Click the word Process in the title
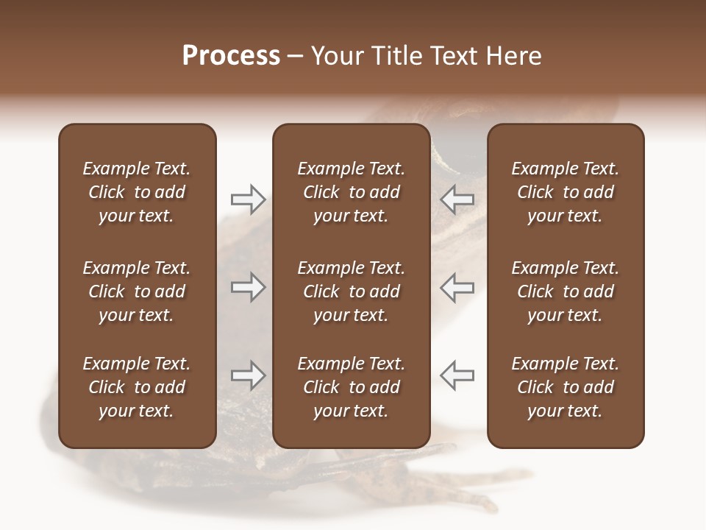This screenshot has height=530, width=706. click(231, 56)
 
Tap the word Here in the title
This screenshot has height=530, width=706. click(514, 56)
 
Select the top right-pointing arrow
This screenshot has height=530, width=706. click(248, 199)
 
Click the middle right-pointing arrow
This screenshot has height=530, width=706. click(248, 287)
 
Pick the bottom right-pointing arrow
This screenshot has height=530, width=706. click(248, 375)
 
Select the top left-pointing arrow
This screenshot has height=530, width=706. click(457, 199)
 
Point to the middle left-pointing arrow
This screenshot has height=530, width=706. click(457, 287)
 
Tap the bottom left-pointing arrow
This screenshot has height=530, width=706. click(457, 375)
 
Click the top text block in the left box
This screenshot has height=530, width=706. click(137, 192)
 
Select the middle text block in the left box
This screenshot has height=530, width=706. click(137, 291)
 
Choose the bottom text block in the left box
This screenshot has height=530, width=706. click(137, 387)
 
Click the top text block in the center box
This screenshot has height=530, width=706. click(352, 192)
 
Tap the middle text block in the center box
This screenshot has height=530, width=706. click(352, 291)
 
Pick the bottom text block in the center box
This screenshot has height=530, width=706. click(352, 387)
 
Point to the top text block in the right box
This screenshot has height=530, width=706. click(566, 192)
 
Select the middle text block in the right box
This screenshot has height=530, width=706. click(566, 291)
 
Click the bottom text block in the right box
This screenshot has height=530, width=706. click(566, 387)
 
